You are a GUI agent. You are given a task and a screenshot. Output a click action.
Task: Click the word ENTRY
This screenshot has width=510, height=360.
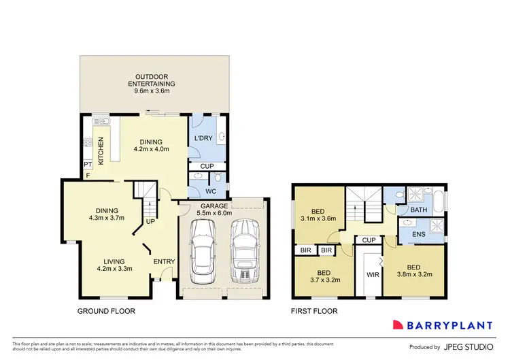pyautogui.click(x=164, y=261)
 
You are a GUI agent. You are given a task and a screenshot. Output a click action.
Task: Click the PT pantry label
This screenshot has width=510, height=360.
pyautogui.click(x=87, y=165)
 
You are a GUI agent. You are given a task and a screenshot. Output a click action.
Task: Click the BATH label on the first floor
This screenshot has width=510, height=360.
pyautogui.click(x=419, y=210)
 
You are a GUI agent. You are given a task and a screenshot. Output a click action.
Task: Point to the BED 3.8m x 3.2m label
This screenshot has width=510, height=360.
pyautogui.click(x=414, y=272)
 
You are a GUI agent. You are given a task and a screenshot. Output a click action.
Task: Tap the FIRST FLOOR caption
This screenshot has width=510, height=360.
pyautogui.click(x=313, y=311)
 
